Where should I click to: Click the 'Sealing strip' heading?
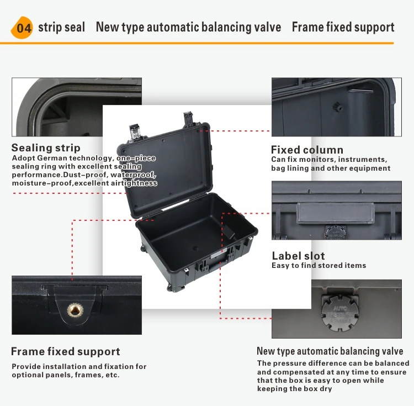pos(46,147)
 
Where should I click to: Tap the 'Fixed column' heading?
pos(307,150)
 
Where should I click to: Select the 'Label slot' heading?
pos(298,256)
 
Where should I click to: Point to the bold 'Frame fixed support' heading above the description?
pos(65,351)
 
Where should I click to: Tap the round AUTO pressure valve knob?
pos(337,312)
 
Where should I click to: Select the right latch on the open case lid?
pos(189,118)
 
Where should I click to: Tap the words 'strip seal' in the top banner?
pos(61,27)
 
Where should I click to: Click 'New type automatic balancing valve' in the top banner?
pos(188,27)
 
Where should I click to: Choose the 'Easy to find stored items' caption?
pos(319,266)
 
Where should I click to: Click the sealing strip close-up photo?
pos(77,107)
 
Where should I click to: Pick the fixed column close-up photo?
pos(333,107)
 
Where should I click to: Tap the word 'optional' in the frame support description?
pos(28,375)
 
